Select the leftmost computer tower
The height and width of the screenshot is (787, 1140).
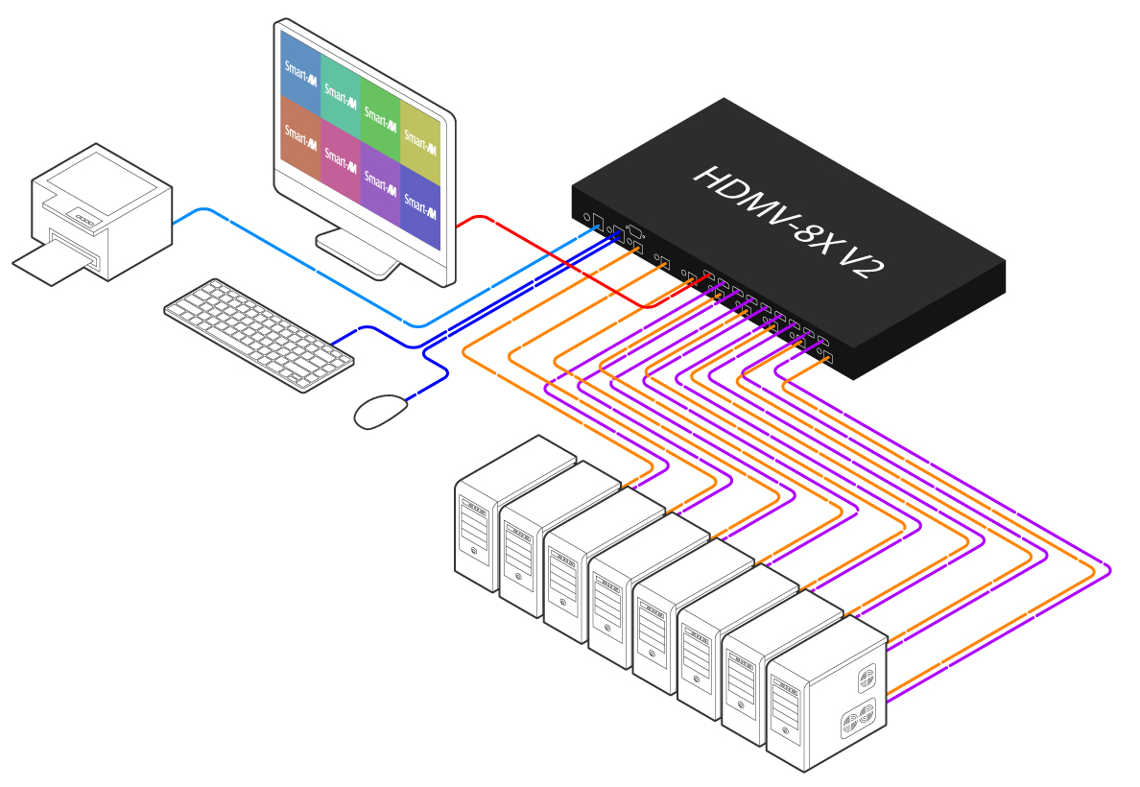tap(478, 523)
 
